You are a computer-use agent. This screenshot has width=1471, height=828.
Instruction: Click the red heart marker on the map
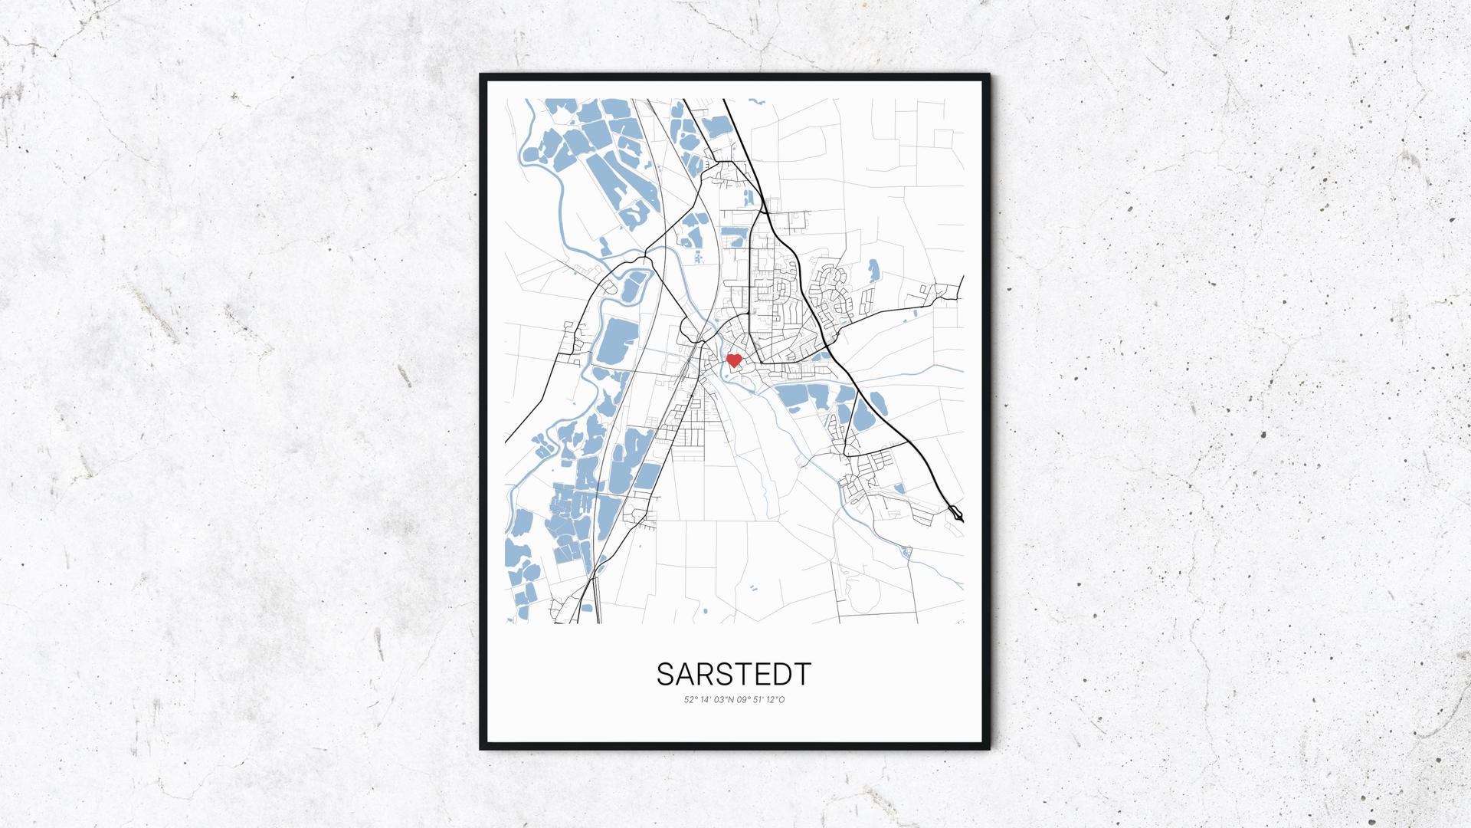coord(733,360)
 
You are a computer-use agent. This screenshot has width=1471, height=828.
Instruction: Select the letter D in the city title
coord(782,674)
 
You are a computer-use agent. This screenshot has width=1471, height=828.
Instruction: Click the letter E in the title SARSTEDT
coord(763,674)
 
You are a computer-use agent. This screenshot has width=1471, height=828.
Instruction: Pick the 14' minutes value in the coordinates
coord(706,699)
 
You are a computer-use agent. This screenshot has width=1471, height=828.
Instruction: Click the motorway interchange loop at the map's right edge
coord(956,513)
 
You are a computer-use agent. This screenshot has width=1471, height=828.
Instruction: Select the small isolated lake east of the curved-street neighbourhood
coord(873,270)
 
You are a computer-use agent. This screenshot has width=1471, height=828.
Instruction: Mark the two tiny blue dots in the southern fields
coord(753,588)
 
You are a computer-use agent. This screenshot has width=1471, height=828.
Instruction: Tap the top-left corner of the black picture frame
coord(482,76)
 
